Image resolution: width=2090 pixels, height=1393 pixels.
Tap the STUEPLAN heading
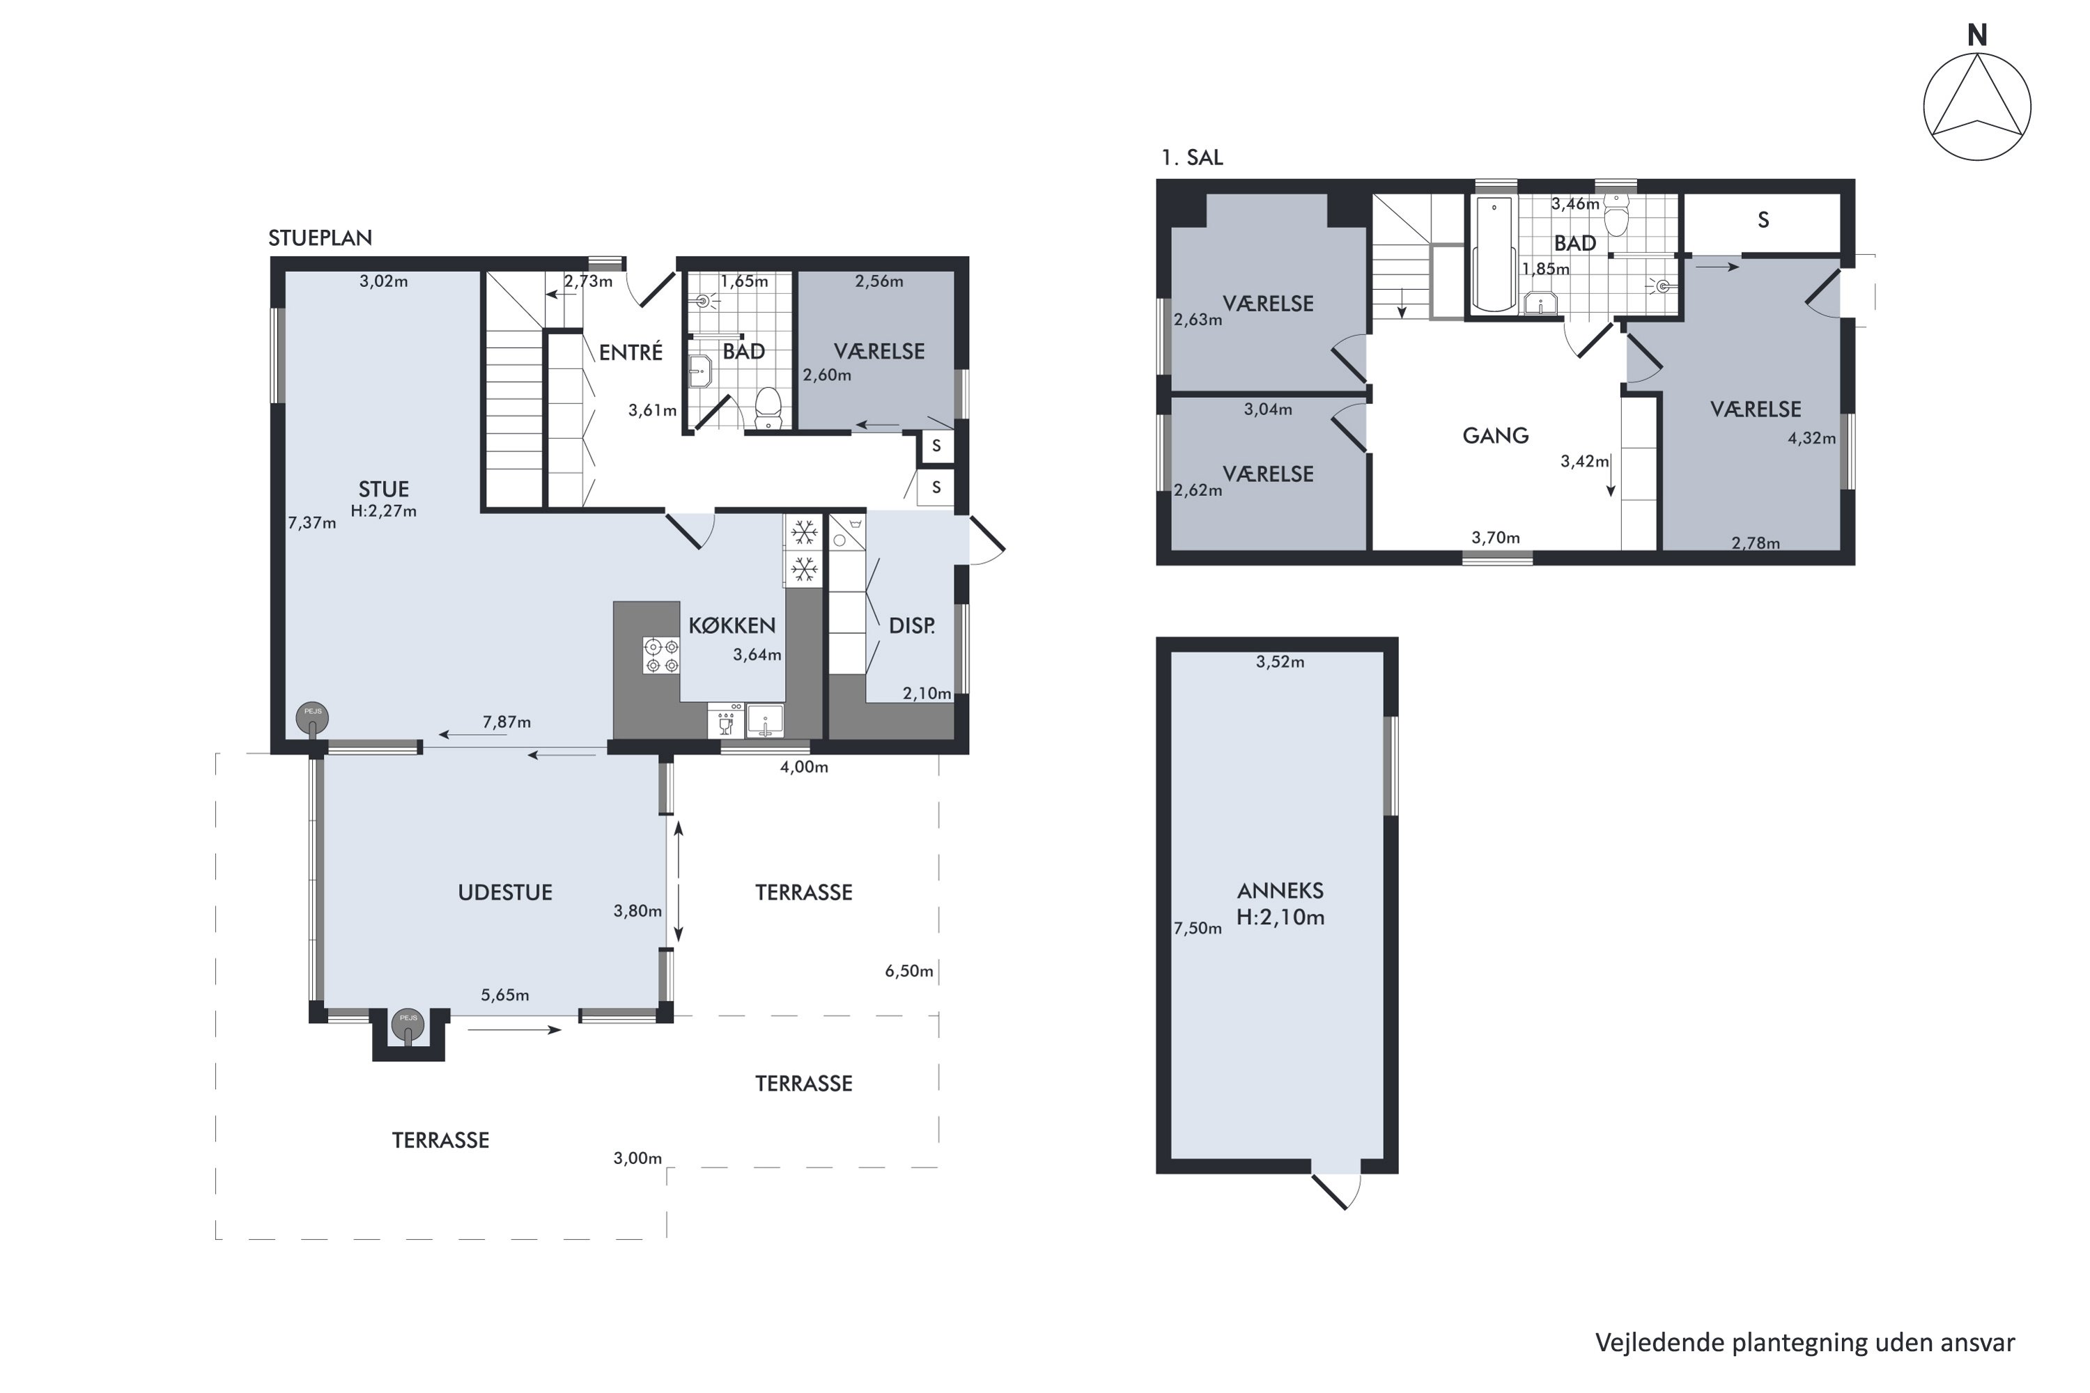click(320, 238)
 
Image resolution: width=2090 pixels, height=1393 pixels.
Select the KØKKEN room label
click(731, 625)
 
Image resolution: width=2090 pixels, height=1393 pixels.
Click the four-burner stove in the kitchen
click(661, 655)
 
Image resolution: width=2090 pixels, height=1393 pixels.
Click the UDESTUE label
click(504, 893)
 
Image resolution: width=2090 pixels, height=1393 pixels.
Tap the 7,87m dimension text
click(506, 722)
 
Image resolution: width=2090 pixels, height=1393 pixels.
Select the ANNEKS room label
click(1280, 891)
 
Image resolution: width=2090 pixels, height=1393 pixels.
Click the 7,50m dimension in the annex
click(1198, 928)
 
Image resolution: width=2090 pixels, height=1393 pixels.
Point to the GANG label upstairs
click(1496, 435)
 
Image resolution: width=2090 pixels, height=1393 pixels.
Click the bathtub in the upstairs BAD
click(1494, 254)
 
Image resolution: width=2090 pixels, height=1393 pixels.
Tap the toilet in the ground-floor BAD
click(767, 410)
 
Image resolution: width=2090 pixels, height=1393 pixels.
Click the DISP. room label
click(912, 625)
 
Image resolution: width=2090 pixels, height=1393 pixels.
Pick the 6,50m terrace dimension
click(909, 971)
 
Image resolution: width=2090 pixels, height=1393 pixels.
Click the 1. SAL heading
click(1191, 157)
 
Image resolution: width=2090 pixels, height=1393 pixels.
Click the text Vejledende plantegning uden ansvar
click(1805, 1342)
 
